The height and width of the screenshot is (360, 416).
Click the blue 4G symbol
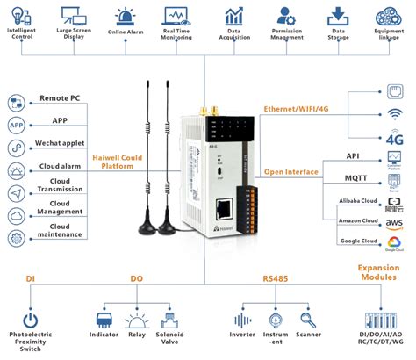pyautogui.click(x=394, y=138)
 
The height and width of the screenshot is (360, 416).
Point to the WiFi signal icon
pyautogui.click(x=394, y=115)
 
